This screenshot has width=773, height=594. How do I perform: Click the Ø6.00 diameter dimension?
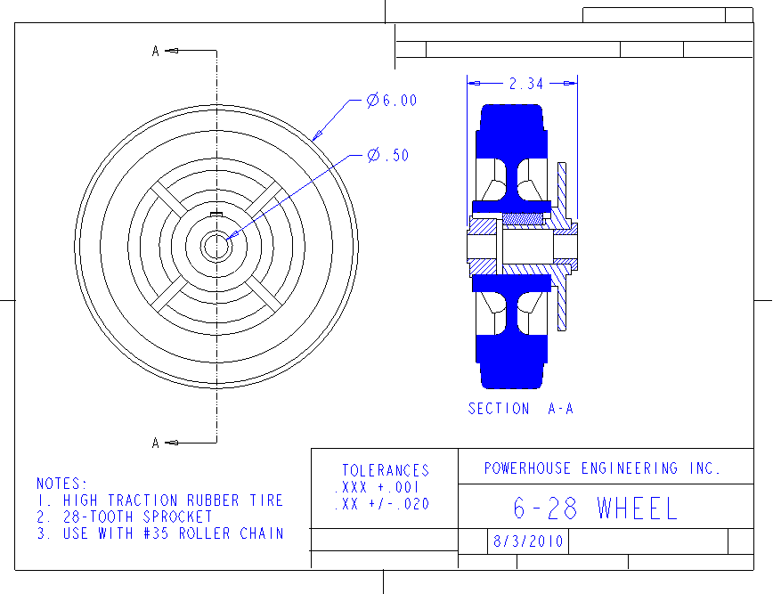(x=392, y=100)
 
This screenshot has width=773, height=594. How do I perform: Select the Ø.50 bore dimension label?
(x=388, y=155)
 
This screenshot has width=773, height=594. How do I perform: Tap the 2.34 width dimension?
(x=526, y=84)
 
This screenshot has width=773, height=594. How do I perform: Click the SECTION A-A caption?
(x=521, y=409)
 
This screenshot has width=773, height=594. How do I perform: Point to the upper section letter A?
(x=156, y=51)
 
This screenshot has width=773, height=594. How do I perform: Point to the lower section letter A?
(x=156, y=443)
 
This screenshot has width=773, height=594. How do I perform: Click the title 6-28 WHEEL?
(x=595, y=509)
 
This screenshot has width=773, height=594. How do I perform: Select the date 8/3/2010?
(x=528, y=541)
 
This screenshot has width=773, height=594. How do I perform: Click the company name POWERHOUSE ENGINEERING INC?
(x=602, y=468)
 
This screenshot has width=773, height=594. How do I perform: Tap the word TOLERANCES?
(x=386, y=470)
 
